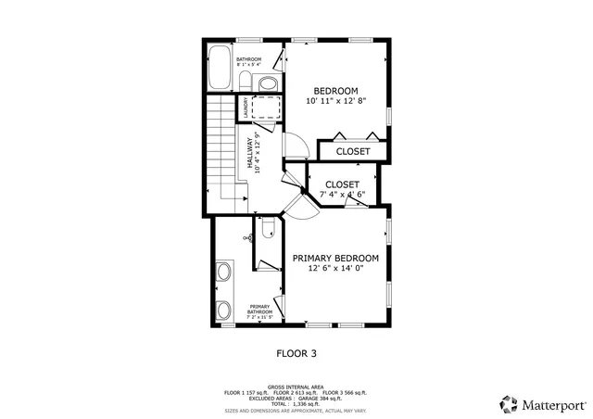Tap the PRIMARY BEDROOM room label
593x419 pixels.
point(335,258)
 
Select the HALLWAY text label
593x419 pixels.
point(249,154)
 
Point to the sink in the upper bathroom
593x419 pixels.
point(267,84)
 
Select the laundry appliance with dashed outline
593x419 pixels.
point(268,108)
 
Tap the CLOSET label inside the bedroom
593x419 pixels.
point(352,151)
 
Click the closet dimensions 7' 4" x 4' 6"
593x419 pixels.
point(343,195)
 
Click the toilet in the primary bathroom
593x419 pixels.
point(267,228)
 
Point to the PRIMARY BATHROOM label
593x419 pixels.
point(259,311)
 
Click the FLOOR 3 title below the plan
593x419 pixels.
point(296,353)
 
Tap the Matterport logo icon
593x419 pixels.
point(509,404)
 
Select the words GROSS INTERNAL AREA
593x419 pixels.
point(296,387)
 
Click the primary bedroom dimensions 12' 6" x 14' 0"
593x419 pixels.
point(335,268)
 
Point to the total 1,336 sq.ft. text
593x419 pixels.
point(296,403)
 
